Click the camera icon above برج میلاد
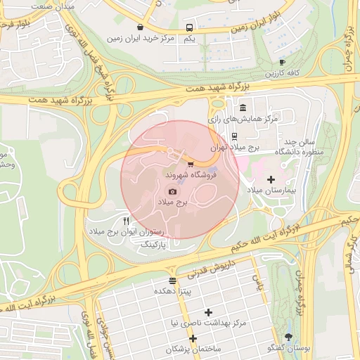(x=173, y=191)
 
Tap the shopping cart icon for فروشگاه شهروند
(x=191, y=164)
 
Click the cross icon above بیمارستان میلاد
(x=271, y=180)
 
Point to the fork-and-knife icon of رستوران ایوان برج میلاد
(x=126, y=221)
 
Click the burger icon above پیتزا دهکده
(x=173, y=281)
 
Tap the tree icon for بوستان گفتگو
(x=288, y=337)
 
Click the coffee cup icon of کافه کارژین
(x=282, y=63)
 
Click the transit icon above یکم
(x=188, y=28)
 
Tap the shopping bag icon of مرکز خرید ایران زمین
(x=141, y=27)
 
